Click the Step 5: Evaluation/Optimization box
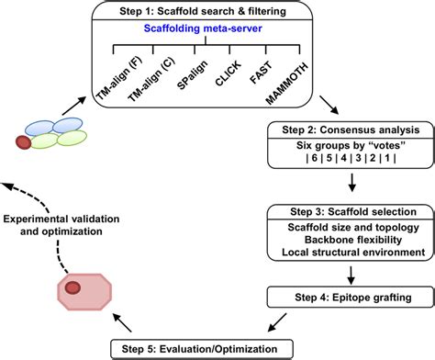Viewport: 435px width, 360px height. pos(205,346)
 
